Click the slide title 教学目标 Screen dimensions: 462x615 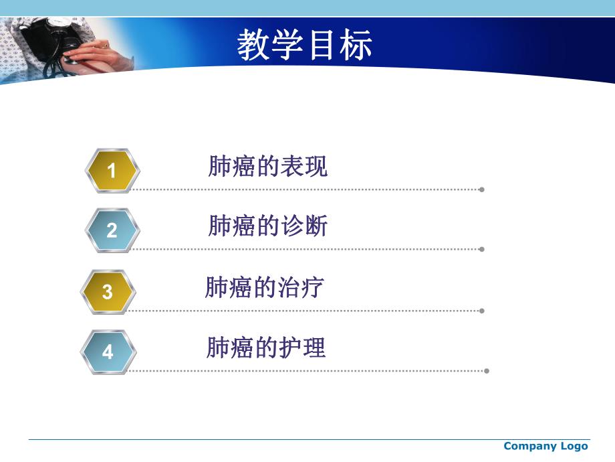click(x=304, y=46)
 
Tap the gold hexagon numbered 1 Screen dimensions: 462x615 click(x=112, y=171)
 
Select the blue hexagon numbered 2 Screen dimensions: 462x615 click(x=112, y=231)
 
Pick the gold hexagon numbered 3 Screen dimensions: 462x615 click(x=108, y=292)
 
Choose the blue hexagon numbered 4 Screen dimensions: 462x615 click(x=108, y=352)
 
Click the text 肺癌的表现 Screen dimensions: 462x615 click(x=268, y=167)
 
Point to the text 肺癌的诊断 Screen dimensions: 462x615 click(x=268, y=226)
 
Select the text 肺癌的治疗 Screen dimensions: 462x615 click(x=265, y=288)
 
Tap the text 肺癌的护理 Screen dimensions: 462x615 click(x=266, y=348)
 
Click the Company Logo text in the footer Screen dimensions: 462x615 click(x=545, y=446)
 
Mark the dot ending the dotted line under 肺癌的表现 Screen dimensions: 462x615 click(x=481, y=189)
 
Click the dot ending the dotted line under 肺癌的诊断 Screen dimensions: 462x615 click(x=481, y=249)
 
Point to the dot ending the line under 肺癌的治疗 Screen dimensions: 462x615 click(x=481, y=311)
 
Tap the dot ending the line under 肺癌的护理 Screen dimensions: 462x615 click(x=487, y=370)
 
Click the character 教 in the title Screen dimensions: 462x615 click(x=253, y=46)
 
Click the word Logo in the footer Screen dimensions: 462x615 click(x=574, y=446)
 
